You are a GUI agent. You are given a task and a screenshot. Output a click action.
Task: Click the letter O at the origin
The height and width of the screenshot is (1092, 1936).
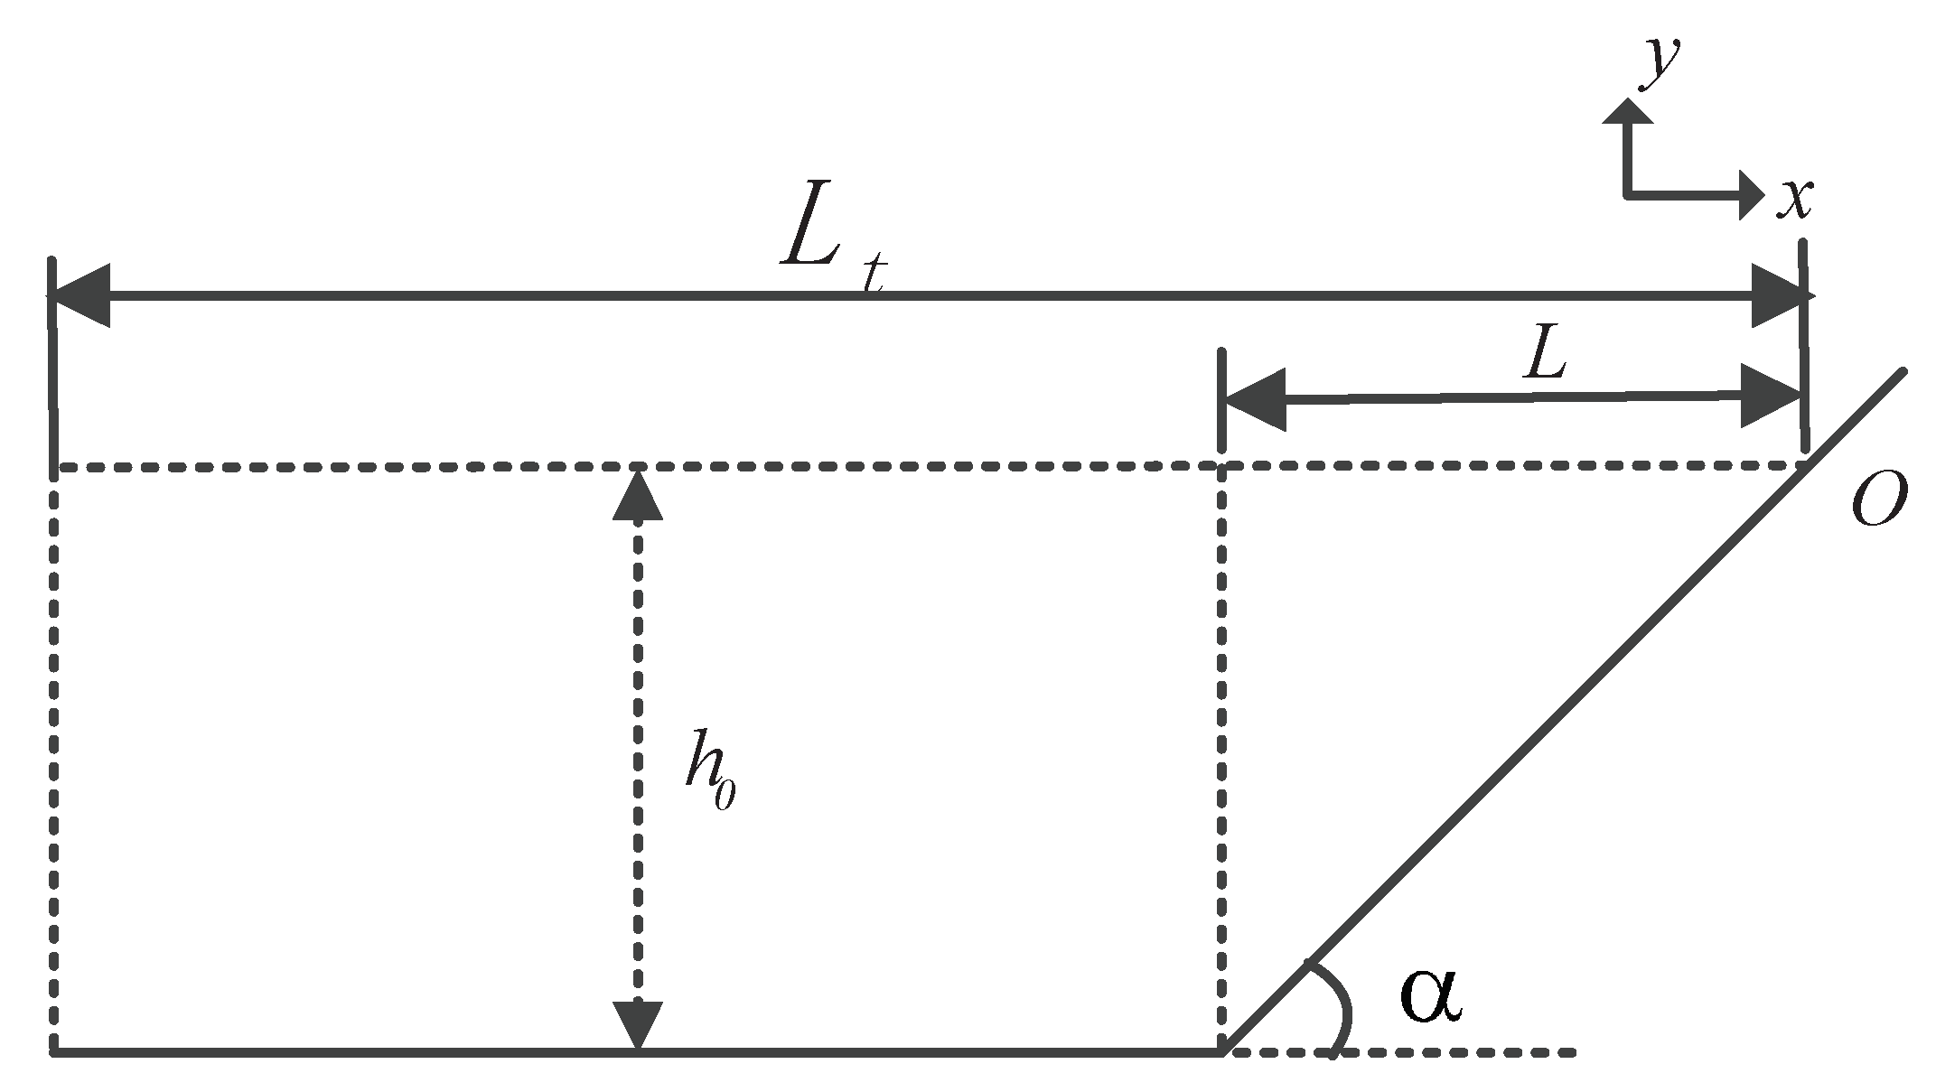coord(1878,503)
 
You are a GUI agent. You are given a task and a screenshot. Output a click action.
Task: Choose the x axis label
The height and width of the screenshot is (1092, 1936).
coord(1794,200)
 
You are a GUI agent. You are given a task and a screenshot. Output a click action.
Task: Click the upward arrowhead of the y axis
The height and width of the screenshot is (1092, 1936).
coord(1628,110)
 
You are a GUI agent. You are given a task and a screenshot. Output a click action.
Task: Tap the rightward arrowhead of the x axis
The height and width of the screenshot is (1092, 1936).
coord(1751,194)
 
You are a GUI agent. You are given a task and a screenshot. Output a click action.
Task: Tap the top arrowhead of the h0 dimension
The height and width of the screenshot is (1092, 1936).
coord(638,495)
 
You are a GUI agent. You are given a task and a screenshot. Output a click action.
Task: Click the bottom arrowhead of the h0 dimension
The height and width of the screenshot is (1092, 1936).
coord(638,1025)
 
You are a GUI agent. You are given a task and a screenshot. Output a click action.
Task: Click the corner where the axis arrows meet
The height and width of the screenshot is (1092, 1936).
coord(1628,194)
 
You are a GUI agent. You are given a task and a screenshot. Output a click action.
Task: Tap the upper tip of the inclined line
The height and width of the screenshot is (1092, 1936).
coord(1903,372)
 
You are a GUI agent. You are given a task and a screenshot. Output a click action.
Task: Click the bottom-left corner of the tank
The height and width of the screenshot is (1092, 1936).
coord(54,1051)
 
